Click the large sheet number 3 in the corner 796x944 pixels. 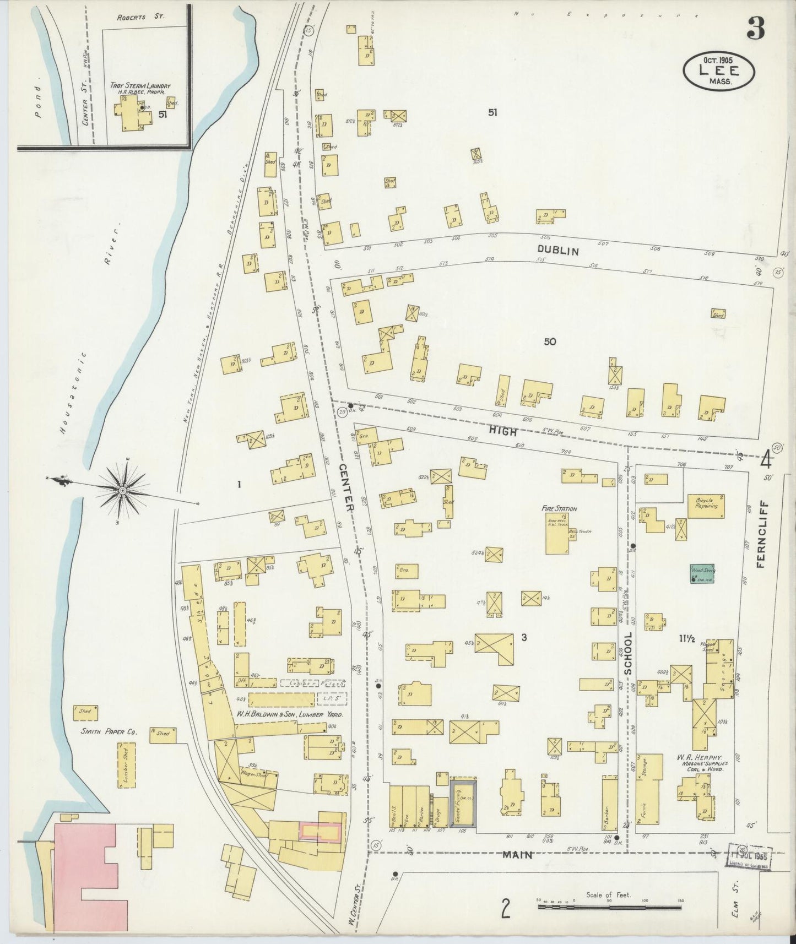[755, 31]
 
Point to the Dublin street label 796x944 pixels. [558, 251]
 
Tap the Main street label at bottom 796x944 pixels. [517, 855]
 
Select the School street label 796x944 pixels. [627, 652]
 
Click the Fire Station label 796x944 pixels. [559, 509]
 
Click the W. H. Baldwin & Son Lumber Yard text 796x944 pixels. [290, 714]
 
